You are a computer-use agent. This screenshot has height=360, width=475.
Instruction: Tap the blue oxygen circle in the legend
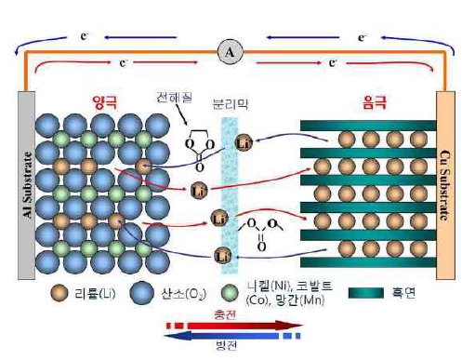click(x=142, y=294)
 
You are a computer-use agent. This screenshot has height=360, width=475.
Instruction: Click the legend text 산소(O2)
click(x=182, y=295)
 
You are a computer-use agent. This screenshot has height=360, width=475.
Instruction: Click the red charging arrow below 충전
click(x=232, y=325)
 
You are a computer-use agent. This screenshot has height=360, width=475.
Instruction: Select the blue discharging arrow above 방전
click(x=232, y=333)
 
